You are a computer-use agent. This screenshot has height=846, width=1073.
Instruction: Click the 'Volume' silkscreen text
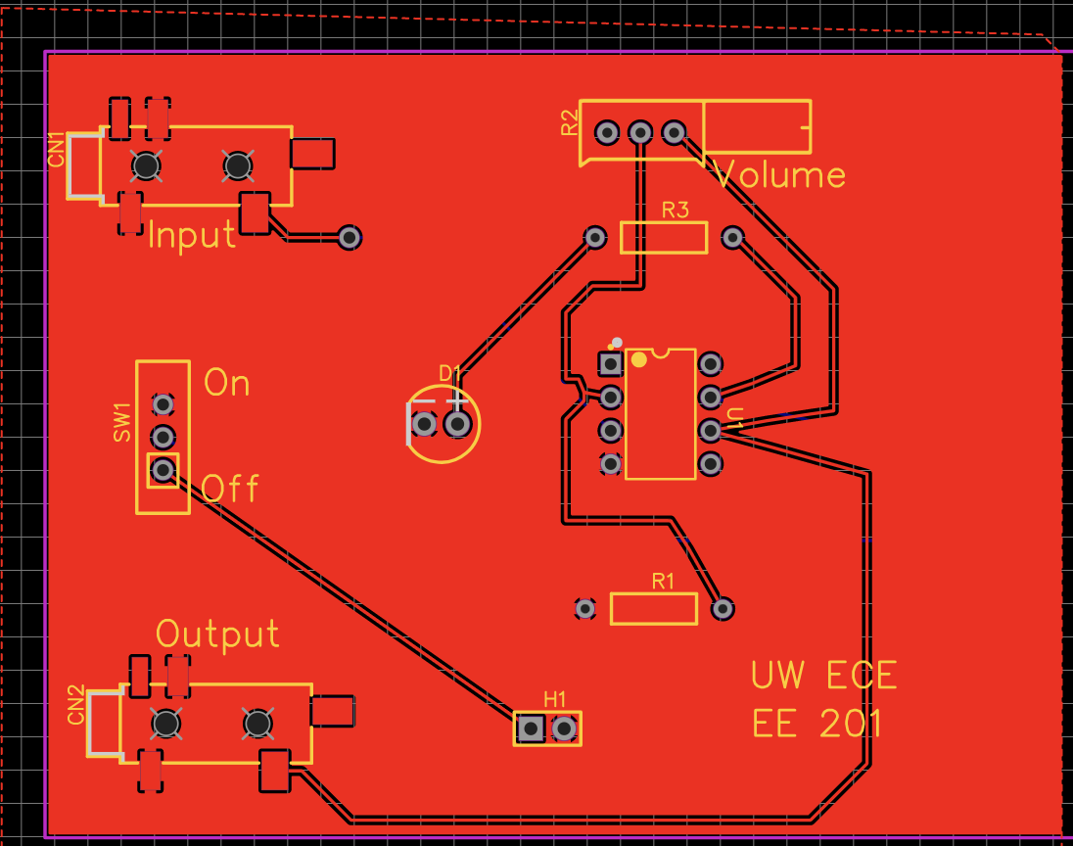coord(780,175)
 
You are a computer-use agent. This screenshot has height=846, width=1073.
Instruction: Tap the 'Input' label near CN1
coord(192,235)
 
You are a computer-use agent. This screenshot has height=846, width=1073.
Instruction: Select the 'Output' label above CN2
coord(217,634)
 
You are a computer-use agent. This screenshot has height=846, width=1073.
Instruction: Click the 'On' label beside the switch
coord(226,383)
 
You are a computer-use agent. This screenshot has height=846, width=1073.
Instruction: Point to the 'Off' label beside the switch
coord(230,488)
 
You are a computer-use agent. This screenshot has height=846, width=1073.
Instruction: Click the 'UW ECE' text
coord(823,675)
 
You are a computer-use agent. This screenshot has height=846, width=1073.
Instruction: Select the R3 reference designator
coord(676,210)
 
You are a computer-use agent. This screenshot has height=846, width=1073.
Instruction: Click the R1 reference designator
coord(664,581)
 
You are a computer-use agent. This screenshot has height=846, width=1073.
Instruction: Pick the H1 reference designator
coord(555,699)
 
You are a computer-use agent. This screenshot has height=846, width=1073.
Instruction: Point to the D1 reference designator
coord(449,373)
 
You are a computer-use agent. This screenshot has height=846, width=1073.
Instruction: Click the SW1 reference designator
coord(122,422)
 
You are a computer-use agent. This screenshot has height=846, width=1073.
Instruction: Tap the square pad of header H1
coord(531,728)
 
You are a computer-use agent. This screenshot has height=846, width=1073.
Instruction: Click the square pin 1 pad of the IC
coord(611,364)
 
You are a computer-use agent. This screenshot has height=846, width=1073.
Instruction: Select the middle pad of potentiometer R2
coord(640,132)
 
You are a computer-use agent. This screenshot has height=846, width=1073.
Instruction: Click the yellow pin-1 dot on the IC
coord(639,359)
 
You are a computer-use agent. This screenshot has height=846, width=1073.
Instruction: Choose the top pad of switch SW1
coord(163,403)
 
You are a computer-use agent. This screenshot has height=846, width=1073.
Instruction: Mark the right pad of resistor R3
coord(732,237)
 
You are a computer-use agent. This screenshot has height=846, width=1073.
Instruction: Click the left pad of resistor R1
coord(585,608)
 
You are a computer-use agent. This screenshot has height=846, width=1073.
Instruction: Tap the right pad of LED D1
coord(457,424)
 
